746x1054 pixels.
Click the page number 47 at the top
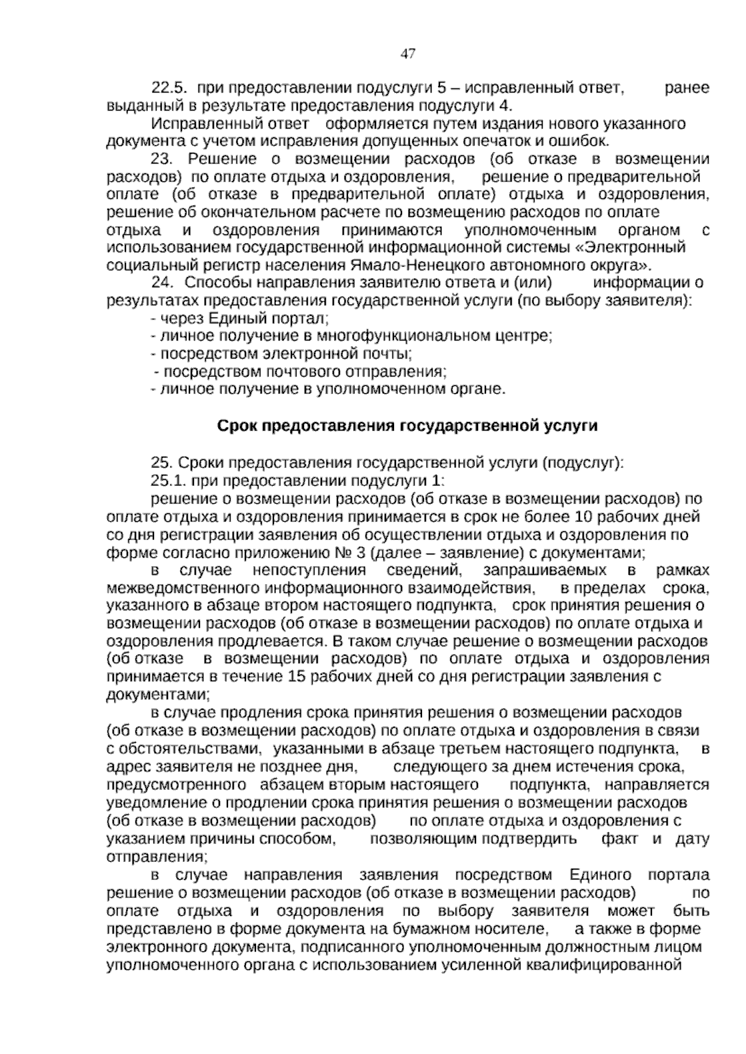click(x=408, y=54)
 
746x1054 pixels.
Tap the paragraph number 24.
click(x=163, y=283)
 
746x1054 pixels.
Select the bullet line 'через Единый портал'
click(x=239, y=319)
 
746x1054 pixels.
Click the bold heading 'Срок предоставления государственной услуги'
click(x=407, y=426)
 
